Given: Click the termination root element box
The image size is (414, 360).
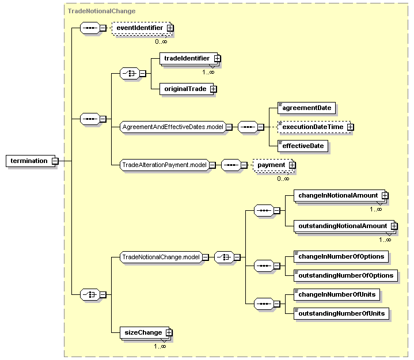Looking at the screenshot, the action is (x=31, y=161).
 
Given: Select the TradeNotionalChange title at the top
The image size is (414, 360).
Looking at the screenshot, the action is (x=102, y=11).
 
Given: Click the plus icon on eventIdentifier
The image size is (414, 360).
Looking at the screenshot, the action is (x=170, y=28).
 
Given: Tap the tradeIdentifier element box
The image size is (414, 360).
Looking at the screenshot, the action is (x=188, y=58).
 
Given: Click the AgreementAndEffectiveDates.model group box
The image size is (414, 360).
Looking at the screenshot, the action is (x=173, y=127).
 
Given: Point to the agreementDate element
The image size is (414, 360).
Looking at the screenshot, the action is (x=306, y=108).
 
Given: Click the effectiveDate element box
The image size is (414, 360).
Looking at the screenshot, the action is (x=302, y=146).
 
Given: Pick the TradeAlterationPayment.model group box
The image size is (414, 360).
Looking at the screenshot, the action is (x=165, y=165).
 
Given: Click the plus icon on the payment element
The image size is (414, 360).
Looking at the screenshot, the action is (x=292, y=165).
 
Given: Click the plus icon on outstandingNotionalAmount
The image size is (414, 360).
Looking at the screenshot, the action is (x=394, y=226).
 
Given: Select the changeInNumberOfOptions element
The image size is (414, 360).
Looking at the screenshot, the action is (x=341, y=257).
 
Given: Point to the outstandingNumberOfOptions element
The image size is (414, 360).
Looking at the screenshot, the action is (x=345, y=276).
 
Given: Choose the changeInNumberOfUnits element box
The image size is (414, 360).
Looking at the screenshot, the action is (x=337, y=295).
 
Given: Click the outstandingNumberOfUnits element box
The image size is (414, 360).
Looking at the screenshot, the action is (x=341, y=314).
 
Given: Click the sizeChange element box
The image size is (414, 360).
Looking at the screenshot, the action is (x=145, y=332).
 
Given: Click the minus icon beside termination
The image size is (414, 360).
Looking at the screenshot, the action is (x=55, y=161).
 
